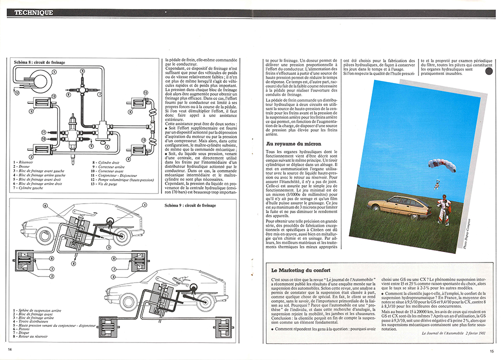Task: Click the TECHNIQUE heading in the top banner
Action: tap(31, 13)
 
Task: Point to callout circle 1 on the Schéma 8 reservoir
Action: tap(54, 72)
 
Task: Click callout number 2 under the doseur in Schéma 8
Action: tap(107, 148)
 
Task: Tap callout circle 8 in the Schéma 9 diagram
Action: tap(74, 263)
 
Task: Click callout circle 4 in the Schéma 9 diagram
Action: tap(45, 205)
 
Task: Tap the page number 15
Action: tap(491, 351)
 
